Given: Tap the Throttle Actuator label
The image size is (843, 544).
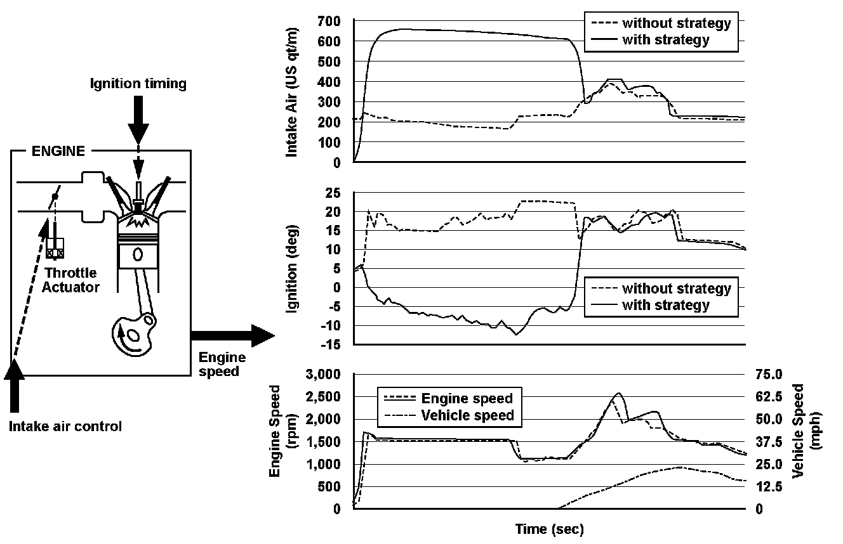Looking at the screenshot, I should [x=73, y=280].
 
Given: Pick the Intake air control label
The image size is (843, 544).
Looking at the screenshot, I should [x=65, y=426].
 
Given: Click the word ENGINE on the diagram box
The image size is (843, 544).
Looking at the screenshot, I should [x=59, y=152].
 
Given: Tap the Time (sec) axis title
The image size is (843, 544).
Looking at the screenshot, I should [x=549, y=528].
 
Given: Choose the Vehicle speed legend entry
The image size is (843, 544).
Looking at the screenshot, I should [x=467, y=416].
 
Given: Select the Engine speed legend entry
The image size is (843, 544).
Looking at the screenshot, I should [x=467, y=399].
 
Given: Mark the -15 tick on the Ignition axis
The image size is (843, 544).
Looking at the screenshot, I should [x=330, y=345].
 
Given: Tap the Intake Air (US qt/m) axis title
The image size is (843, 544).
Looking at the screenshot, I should [x=293, y=92].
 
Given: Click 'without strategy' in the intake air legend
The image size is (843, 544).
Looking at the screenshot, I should [x=677, y=23].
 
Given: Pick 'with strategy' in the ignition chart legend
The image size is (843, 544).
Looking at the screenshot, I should [x=666, y=306].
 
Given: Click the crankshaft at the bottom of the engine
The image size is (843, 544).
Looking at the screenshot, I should [x=133, y=332].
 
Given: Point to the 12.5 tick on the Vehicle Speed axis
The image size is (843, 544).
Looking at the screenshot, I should [x=766, y=486].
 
